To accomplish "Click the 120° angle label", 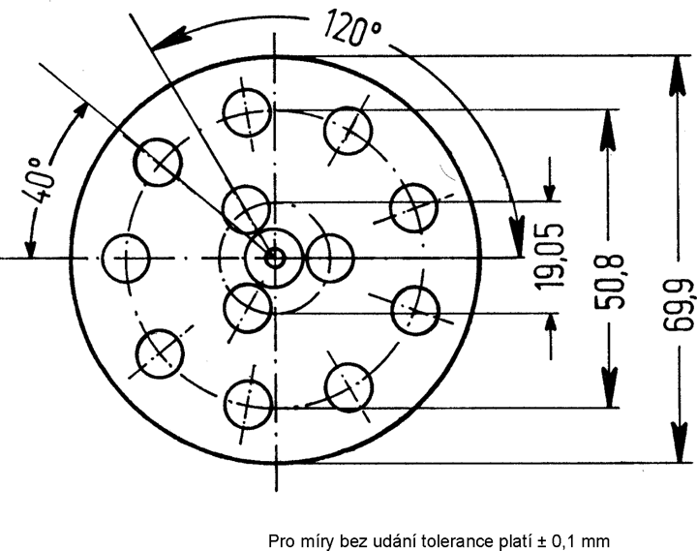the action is pos(352,28).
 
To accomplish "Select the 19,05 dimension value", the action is pos(550,257).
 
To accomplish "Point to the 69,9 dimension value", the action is pos(679,305).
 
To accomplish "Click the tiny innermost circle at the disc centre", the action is pos(275,258).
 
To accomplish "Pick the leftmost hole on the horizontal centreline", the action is pos(126,258).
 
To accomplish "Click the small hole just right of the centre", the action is pos(330,258).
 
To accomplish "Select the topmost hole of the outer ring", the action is pos(247,112).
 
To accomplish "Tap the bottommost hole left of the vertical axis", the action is pos(248,403).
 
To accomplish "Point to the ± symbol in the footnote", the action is pos(542,542).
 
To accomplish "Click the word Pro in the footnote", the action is pos(281,541).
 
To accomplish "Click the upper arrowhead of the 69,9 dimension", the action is pos(677,76).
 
